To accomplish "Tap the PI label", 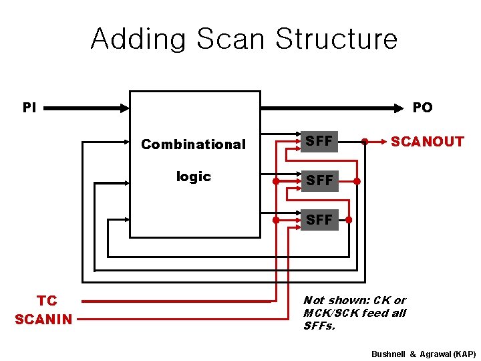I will tap(29, 107).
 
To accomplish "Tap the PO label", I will tap(422, 107).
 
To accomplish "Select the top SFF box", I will tap(319, 142).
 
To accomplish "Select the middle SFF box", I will tap(319, 180).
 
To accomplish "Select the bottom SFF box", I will tap(319, 219).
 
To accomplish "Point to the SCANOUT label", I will tap(427, 142).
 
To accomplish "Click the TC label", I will tap(47, 301).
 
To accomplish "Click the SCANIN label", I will tap(43, 320).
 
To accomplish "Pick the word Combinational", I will tap(193, 144).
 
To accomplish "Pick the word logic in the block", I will tap(193, 176).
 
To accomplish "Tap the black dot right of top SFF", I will tap(364, 142).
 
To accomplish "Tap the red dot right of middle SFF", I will tap(357, 180).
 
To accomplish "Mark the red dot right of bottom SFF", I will tap(348, 219).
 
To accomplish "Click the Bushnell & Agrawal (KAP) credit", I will tap(424, 352).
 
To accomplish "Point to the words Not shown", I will tap(326, 301).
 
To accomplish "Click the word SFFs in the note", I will tap(318, 326).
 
